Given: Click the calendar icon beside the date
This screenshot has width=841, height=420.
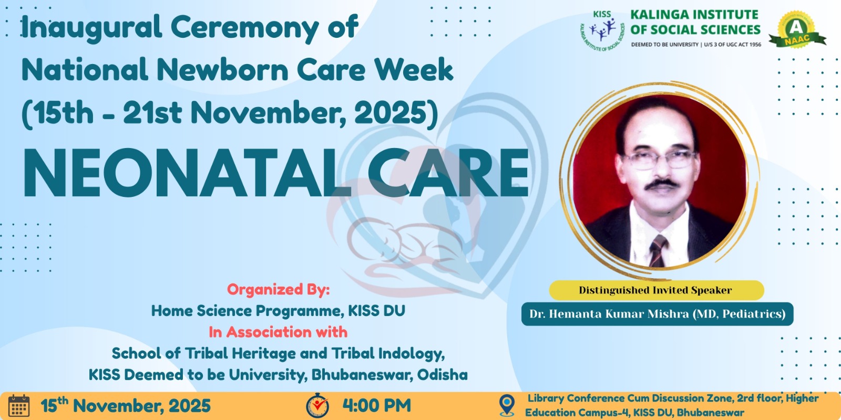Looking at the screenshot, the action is tap(19, 405).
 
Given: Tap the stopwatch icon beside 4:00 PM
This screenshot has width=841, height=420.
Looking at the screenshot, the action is tap(317, 405).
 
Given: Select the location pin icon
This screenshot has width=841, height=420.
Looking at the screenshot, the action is tap(507, 405).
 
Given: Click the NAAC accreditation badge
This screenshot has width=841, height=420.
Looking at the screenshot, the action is tap(797, 30).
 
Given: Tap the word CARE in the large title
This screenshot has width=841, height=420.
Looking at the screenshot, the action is tap(449, 173).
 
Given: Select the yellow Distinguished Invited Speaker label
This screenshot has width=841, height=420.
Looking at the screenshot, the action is tap(657, 290).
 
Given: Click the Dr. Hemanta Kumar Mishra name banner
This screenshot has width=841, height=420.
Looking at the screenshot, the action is tap(658, 314).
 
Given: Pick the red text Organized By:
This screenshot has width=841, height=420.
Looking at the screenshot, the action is tap(278, 289).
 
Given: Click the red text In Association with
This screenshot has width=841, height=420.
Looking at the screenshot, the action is tap(278, 332).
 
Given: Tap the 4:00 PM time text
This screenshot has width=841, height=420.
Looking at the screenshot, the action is tap(376, 406).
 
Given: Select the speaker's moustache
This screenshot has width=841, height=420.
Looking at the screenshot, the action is tap(662, 184).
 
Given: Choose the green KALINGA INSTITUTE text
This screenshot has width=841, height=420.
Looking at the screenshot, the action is tap(694, 15).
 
